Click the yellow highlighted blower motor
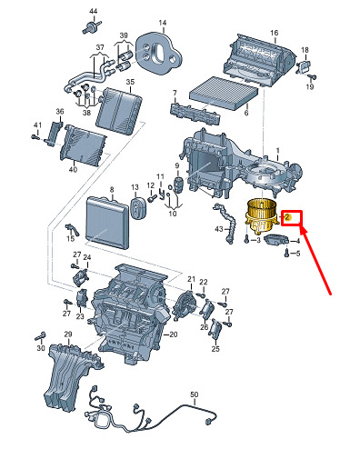pos(261,216)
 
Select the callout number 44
pos(94,11)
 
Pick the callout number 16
pos(274,33)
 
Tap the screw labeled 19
pos(312,77)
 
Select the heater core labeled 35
pos(118,111)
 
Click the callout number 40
pos(73,170)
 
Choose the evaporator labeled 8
pos(107,222)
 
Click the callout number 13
pos(135,187)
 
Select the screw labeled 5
pos(286,253)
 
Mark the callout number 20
pos(174,334)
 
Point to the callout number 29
pos(68,334)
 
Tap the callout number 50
pos(195,394)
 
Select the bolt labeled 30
pos(41,336)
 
